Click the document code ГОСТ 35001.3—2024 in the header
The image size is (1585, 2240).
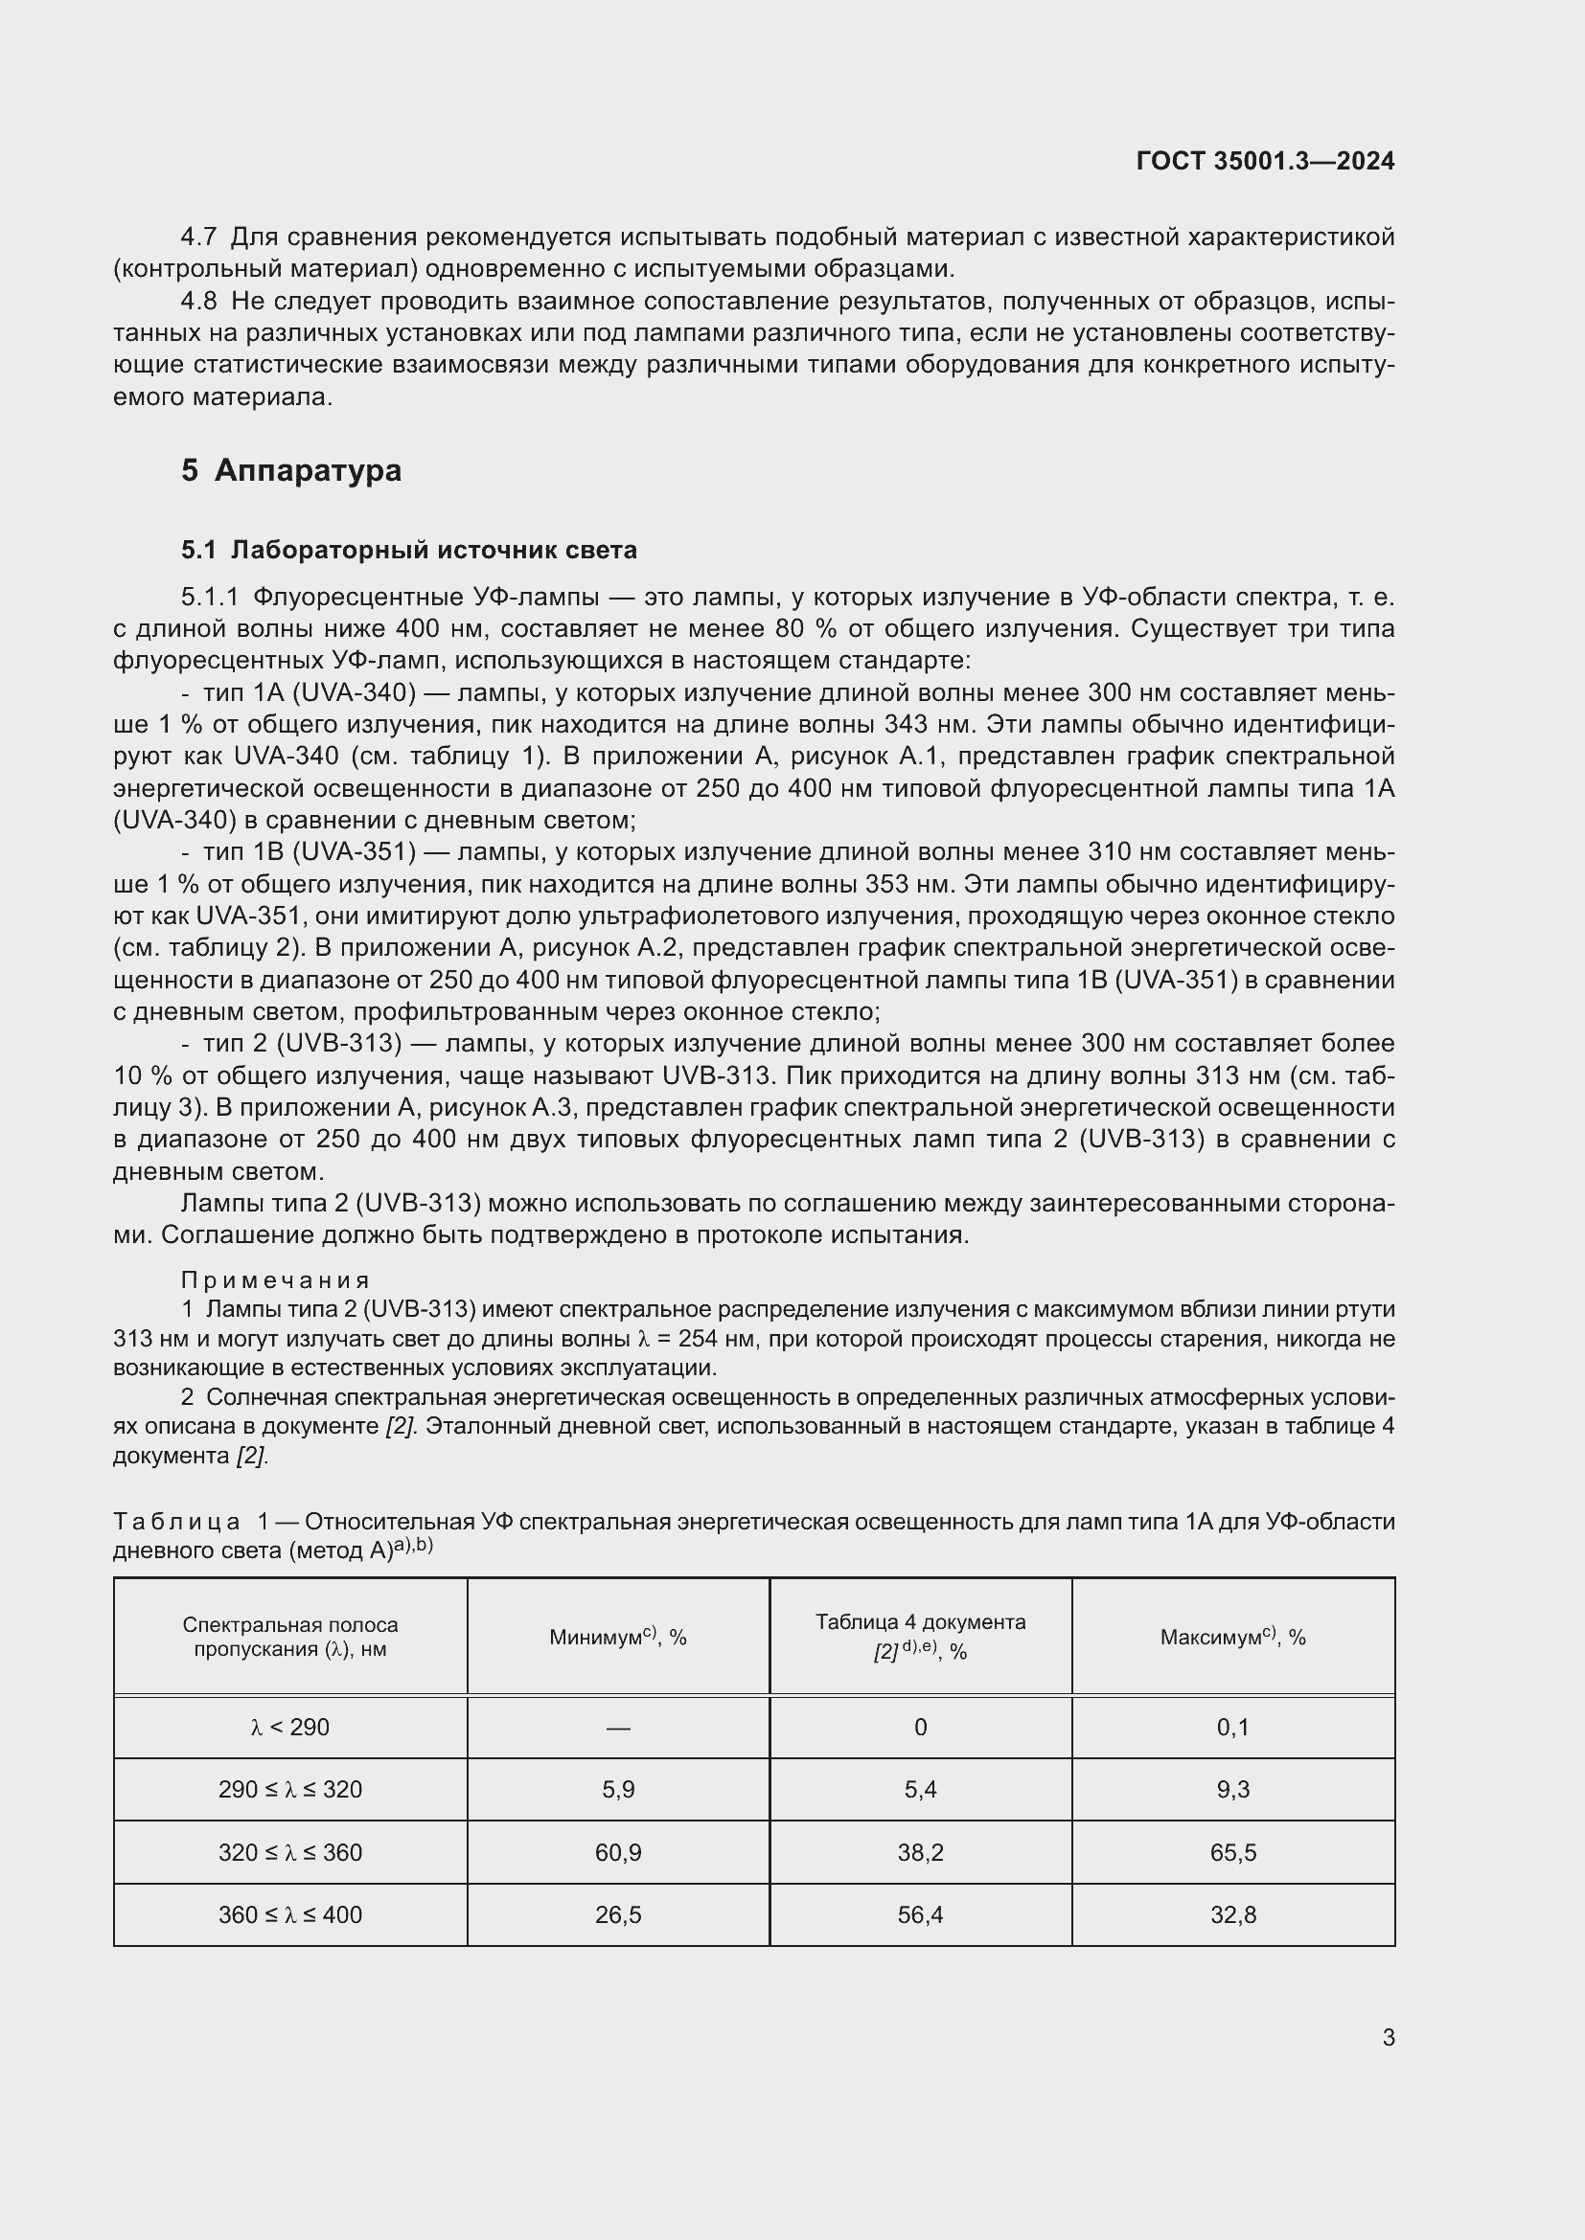[1265, 161]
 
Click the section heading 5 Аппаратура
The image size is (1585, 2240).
[291, 470]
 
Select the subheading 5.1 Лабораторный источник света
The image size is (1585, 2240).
[408, 551]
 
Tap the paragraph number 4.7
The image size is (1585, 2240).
[198, 238]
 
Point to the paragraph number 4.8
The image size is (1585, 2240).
[198, 302]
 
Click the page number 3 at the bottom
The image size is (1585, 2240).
[1388, 2038]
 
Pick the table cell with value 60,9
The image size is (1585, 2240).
[618, 1853]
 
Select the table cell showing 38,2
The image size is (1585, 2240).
[920, 1853]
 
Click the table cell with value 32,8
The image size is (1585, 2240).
[1232, 1915]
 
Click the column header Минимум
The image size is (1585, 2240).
[618, 1637]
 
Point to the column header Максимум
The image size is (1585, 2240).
[1232, 1637]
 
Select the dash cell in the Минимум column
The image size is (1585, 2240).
[618, 1728]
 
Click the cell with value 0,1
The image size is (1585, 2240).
[1232, 1728]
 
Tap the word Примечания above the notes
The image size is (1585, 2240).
[275, 1280]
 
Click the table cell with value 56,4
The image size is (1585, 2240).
[920, 1915]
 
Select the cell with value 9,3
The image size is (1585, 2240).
[1232, 1790]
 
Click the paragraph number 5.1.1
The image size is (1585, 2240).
[209, 597]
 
